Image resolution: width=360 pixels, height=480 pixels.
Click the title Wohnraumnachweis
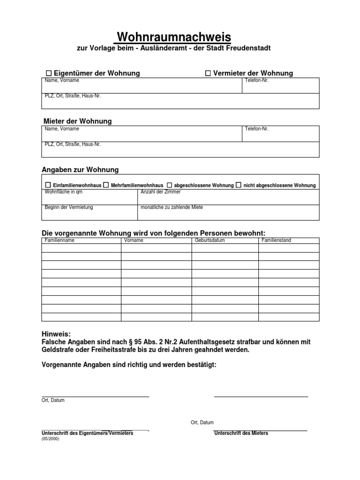click(173, 37)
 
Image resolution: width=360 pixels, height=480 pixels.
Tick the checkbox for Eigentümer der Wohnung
click(48, 73)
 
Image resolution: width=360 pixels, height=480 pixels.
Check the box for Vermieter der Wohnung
click(208, 73)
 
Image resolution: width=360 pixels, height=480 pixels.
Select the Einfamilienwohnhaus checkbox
click(48, 185)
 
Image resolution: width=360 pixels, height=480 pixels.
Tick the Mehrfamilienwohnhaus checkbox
click(106, 185)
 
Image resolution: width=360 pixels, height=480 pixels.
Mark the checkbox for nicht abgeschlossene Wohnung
click(239, 185)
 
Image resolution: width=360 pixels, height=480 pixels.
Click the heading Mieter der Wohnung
click(77, 121)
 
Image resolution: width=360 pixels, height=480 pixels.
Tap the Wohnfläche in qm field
click(90, 198)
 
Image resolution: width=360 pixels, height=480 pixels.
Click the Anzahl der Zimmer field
click(228, 198)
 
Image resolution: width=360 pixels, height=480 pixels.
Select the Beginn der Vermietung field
click(90, 213)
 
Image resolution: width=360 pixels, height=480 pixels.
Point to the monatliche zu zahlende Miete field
click(228, 213)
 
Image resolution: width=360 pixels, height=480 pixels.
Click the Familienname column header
click(60, 240)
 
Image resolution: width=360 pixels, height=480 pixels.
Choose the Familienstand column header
click(276, 240)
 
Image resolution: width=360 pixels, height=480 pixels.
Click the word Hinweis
click(56, 334)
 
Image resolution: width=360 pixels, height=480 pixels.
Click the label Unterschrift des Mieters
click(241, 434)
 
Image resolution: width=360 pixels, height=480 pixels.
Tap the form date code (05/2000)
click(51, 439)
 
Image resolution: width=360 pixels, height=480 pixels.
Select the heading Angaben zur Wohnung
click(80, 170)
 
